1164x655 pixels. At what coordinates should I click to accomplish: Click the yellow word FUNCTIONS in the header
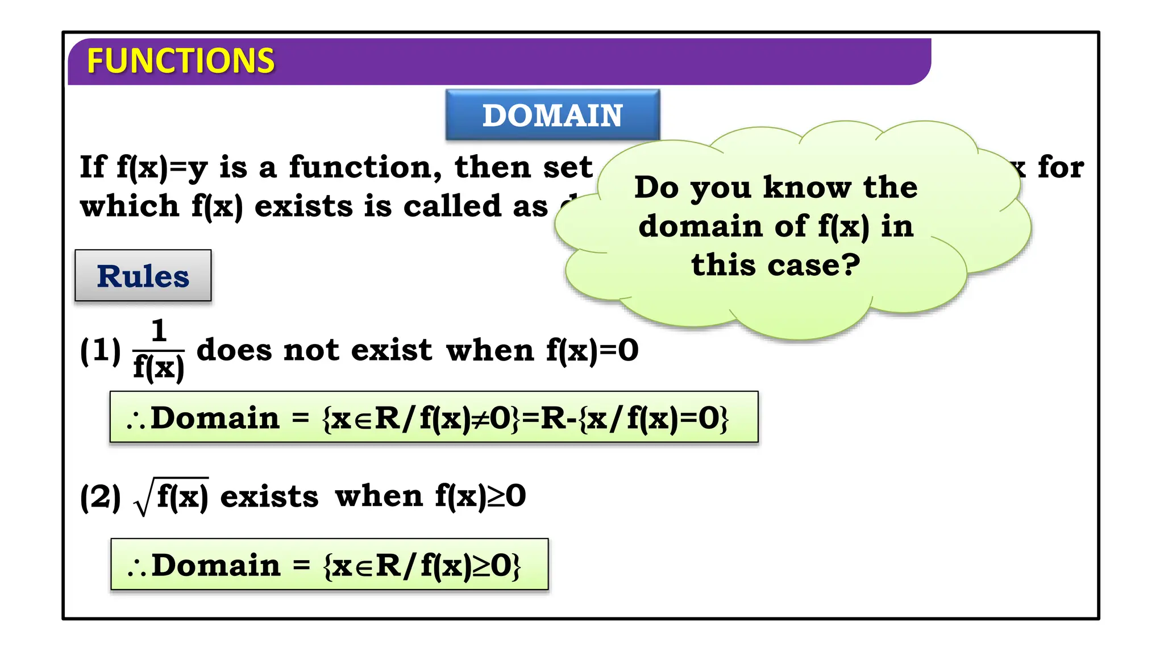coord(180,61)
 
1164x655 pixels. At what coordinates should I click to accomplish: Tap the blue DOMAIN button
coord(552,115)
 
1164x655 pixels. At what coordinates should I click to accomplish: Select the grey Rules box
coord(143,276)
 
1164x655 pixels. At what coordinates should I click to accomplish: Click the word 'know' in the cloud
coord(807,188)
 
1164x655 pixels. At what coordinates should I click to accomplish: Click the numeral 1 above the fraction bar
coord(159,331)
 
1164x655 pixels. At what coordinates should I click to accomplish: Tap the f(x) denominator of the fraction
coord(159,368)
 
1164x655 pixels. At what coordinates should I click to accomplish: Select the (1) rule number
coord(101,350)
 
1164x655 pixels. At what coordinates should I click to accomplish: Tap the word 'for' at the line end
coord(1061,168)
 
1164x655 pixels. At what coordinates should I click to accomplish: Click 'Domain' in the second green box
coord(216,565)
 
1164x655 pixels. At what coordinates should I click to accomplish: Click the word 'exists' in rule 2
coord(269,497)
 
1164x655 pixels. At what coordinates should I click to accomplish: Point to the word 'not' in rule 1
coord(311,350)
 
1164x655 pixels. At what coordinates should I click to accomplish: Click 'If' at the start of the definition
coord(93,168)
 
